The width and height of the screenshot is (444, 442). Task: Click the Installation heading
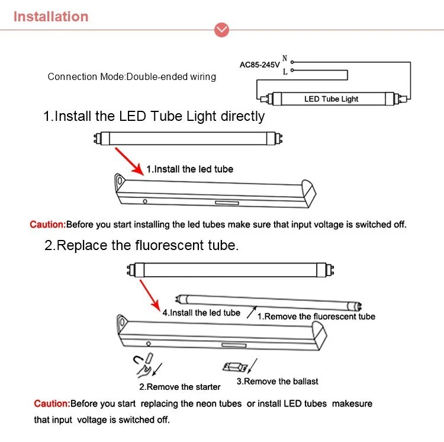click(x=51, y=17)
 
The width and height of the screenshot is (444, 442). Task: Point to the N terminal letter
click(x=285, y=59)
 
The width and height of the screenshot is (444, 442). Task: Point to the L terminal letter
click(x=285, y=72)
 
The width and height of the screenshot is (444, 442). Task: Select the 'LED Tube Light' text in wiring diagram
click(x=331, y=99)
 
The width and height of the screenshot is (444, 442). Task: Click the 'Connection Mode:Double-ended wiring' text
click(x=131, y=76)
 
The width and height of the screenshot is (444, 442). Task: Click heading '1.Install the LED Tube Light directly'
click(x=154, y=116)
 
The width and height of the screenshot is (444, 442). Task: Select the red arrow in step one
click(x=130, y=159)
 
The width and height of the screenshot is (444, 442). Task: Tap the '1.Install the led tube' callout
click(x=189, y=169)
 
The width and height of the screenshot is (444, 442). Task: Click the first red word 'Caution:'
click(x=47, y=225)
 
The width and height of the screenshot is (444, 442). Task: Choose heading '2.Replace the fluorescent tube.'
click(x=141, y=245)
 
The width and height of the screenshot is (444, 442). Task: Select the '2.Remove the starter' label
click(x=179, y=387)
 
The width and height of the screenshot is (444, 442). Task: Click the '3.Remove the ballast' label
click(x=277, y=382)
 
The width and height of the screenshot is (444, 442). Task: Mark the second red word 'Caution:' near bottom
click(x=52, y=403)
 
